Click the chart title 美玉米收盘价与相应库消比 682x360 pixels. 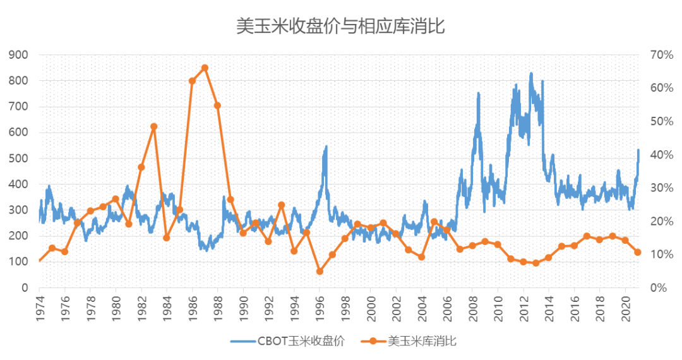pyautogui.click(x=341, y=26)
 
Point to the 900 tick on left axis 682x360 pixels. pyautogui.click(x=20, y=55)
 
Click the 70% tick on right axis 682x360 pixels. pyautogui.click(x=659, y=55)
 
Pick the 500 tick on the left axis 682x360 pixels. pyautogui.click(x=20, y=159)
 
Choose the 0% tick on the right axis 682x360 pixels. pyautogui.click(x=657, y=288)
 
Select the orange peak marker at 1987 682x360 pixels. pyautogui.click(x=205, y=68)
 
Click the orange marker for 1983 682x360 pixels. pyautogui.click(x=153, y=126)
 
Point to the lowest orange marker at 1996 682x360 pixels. pyautogui.click(x=320, y=271)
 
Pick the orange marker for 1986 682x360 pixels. pyautogui.click(x=192, y=81)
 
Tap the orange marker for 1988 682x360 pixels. pyautogui.click(x=217, y=105)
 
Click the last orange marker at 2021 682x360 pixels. pyautogui.click(x=638, y=252)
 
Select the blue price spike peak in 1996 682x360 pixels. pyautogui.click(x=326, y=147)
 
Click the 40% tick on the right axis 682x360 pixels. pyautogui.click(x=659, y=155)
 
